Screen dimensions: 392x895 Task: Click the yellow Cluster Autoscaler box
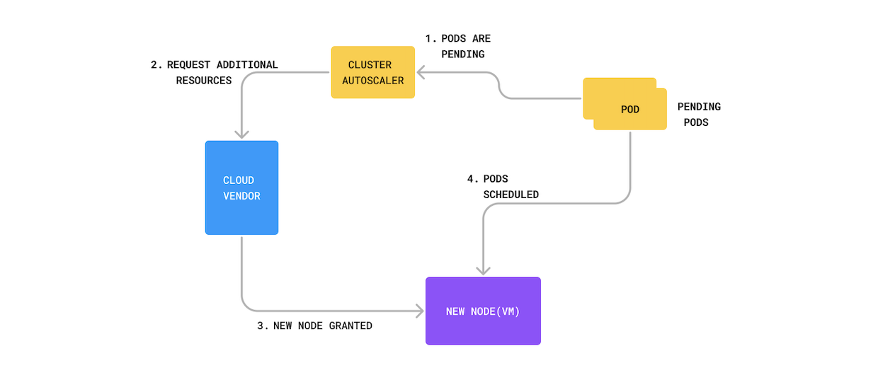(372, 72)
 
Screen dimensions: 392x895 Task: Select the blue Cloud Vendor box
(241, 188)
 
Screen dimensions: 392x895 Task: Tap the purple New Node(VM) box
(483, 311)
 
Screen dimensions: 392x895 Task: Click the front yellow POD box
(629, 110)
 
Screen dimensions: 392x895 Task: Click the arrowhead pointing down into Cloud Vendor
(242, 134)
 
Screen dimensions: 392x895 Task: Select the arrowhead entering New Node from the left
(418, 311)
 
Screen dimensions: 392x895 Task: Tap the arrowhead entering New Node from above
(483, 270)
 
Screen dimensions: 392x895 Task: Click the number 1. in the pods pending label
(430, 38)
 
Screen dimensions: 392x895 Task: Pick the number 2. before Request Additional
(156, 64)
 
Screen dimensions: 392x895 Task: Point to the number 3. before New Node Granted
(263, 325)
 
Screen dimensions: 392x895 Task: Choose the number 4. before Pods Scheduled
(471, 178)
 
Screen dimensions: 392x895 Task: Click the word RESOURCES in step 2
(204, 80)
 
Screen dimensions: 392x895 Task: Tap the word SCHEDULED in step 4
(511, 194)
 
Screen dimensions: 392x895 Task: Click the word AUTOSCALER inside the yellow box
(373, 80)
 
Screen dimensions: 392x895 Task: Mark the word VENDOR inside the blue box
(242, 195)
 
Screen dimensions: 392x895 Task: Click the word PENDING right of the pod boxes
(699, 107)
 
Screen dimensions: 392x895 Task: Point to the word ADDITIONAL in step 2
(247, 64)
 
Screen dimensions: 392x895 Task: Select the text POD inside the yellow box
(630, 110)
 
